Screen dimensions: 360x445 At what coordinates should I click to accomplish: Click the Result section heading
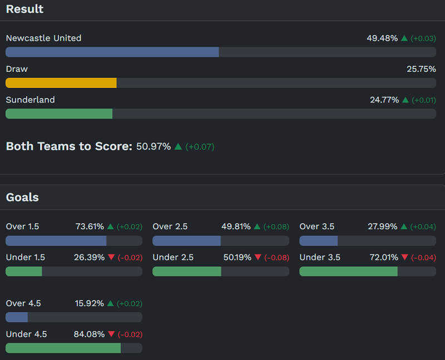click(x=24, y=9)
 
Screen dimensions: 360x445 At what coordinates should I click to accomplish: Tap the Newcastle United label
click(x=43, y=38)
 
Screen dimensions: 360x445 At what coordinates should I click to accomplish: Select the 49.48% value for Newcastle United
click(x=382, y=38)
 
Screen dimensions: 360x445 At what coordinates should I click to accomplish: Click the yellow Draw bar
click(x=61, y=83)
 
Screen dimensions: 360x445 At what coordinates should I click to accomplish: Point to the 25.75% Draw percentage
click(x=421, y=69)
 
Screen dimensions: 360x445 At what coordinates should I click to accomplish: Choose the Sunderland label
click(x=30, y=100)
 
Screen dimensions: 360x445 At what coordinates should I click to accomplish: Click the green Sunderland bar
click(x=59, y=114)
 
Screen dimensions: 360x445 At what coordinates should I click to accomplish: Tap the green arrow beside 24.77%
click(x=406, y=100)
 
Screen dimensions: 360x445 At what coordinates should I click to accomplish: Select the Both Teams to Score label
click(x=69, y=146)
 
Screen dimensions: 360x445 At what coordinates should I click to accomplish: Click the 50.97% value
click(x=154, y=147)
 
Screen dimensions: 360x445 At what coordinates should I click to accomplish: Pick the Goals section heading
click(x=22, y=198)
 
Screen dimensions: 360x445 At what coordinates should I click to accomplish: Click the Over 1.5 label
click(x=22, y=226)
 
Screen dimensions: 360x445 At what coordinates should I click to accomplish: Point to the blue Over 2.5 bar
click(x=186, y=241)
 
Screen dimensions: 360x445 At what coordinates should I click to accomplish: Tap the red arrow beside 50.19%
click(x=258, y=258)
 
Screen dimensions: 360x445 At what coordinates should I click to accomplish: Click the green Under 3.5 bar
click(x=348, y=272)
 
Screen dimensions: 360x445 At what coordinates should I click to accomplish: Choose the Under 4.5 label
click(x=26, y=334)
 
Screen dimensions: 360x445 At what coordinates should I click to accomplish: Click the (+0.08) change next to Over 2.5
click(x=276, y=227)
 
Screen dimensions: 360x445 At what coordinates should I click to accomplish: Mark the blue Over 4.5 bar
click(x=17, y=317)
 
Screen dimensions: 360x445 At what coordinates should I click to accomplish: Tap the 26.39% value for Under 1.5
click(x=89, y=258)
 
